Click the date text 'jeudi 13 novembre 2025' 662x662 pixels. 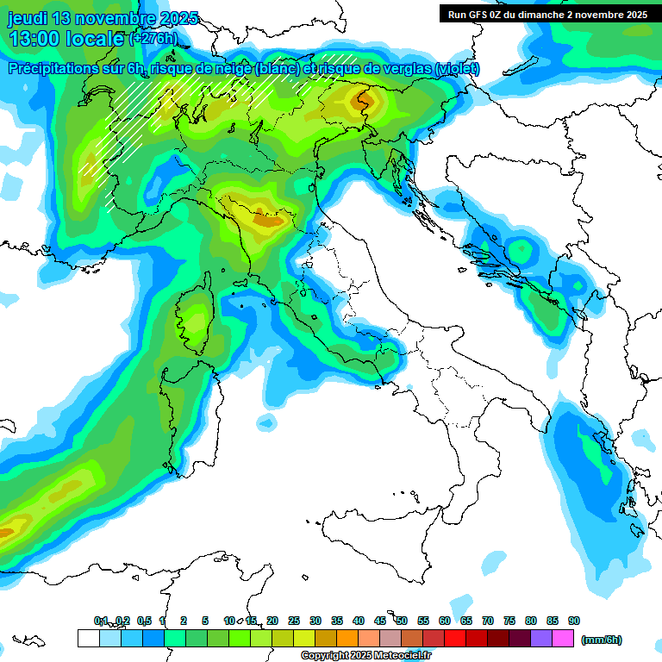[x=103, y=18]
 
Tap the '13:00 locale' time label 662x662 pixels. [x=66, y=39]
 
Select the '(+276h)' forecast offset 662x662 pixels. [x=153, y=38]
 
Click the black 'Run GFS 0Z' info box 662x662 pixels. [x=547, y=14]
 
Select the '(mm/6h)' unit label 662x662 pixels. [x=601, y=640]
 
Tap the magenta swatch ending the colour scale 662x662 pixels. [x=563, y=638]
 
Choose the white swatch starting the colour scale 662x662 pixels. [x=88, y=638]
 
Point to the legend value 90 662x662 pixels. [x=574, y=621]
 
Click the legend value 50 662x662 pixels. [x=402, y=621]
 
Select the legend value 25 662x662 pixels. [x=294, y=621]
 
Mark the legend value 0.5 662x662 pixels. [x=143, y=621]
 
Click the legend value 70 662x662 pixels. [x=488, y=621]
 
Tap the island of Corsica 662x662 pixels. [x=195, y=319]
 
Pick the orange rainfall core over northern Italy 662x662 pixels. [x=269, y=220]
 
